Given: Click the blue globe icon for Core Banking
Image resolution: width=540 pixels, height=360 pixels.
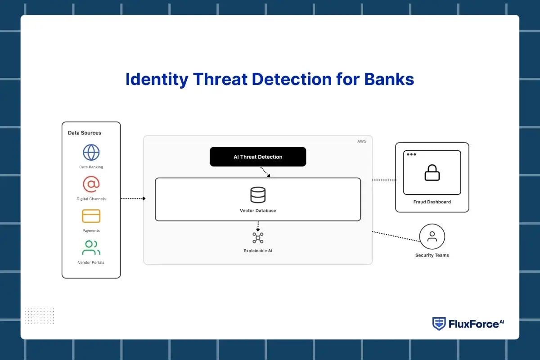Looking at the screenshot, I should point(91,152).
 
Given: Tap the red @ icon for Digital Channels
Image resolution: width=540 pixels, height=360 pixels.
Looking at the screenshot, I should point(91,184).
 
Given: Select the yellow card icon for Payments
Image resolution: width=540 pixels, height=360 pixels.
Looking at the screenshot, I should point(91,216).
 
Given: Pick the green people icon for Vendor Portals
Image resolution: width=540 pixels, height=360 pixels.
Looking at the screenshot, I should point(91,248).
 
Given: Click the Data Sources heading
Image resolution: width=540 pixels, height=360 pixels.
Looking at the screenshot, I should point(85,133).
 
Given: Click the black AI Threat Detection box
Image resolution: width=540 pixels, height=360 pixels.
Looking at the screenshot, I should point(258,157).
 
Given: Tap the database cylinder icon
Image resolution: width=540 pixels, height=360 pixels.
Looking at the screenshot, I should point(258,195).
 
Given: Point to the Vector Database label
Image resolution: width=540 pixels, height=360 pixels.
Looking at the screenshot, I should point(258,211).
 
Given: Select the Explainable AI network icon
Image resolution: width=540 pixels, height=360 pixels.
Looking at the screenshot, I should point(258,238).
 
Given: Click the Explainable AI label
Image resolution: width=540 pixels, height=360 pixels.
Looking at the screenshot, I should point(258,251).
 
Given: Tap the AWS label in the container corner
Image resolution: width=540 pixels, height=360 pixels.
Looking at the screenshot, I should point(362,141).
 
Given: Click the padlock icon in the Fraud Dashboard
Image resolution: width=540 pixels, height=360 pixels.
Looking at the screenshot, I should point(432,173).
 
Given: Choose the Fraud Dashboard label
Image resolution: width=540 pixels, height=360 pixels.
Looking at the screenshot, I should point(432,202).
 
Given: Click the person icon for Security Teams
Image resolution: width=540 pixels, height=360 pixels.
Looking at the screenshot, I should point(432,237).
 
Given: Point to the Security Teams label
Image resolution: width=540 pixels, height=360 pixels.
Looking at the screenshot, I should point(432,255).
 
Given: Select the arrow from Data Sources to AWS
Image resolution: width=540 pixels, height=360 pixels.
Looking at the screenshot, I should point(133,198).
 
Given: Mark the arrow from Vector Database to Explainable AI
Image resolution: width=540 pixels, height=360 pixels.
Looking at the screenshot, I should point(258,226).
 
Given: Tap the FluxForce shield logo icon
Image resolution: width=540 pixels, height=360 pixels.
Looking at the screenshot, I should point(439,324).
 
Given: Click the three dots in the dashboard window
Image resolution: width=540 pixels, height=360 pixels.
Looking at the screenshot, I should point(411,154).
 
